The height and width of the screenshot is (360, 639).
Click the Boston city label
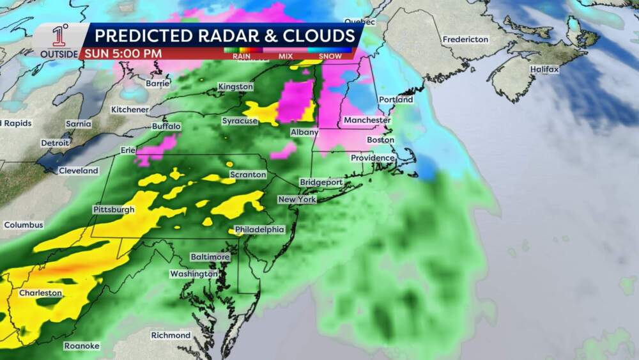[376, 139]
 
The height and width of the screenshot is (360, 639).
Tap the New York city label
[297, 200]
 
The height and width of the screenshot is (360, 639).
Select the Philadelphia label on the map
[259, 230]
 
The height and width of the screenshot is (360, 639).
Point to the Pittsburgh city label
[114, 209]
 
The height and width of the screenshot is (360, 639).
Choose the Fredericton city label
[465, 40]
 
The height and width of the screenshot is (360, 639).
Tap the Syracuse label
[240, 121]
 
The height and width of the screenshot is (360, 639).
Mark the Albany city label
[304, 132]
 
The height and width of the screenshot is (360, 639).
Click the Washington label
[194, 274]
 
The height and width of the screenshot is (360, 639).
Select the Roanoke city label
[81, 346]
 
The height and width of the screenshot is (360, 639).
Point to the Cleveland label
[79, 171]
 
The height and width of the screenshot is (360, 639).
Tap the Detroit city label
[55, 143]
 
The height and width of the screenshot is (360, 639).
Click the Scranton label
[248, 175]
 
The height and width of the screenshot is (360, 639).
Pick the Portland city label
[396, 100]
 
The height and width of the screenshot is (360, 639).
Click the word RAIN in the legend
[242, 56]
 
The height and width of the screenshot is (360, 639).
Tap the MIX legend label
[285, 56]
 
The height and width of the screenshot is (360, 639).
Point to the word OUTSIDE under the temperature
[59, 54]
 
